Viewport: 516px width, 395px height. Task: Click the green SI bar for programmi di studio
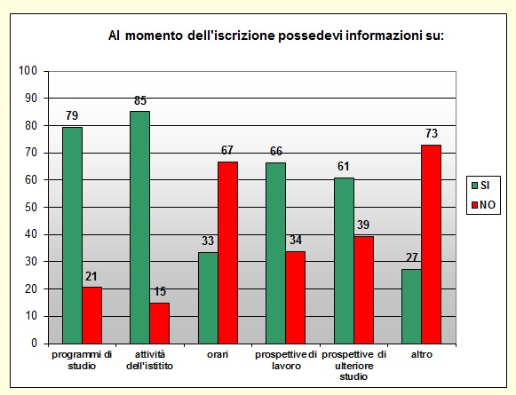point(72,235)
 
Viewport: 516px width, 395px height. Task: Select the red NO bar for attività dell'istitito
point(159,323)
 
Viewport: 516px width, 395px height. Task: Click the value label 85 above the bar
point(140,101)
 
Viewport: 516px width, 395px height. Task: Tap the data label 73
point(432,134)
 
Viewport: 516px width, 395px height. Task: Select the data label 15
point(160,292)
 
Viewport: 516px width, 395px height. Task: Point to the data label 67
point(228,151)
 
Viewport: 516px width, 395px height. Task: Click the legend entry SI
point(485,185)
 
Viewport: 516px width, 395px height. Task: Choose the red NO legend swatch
point(473,204)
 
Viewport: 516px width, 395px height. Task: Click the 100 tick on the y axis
point(27,71)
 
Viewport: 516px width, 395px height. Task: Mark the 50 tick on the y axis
point(29,207)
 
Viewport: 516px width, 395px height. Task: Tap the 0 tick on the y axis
point(33,344)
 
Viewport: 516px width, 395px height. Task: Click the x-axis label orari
point(218,355)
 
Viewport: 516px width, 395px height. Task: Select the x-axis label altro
point(422,355)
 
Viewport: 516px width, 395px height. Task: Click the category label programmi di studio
point(81,359)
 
